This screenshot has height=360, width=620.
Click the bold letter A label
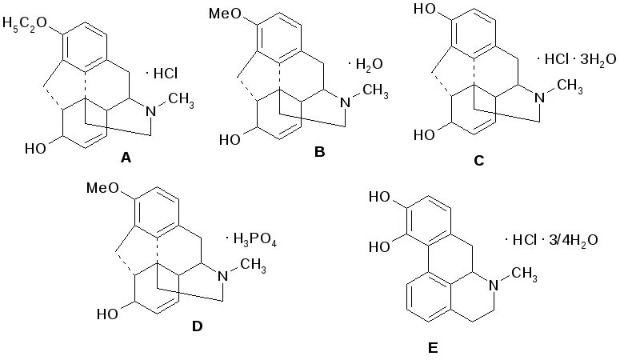(x=126, y=158)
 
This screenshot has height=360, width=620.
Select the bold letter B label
(x=319, y=151)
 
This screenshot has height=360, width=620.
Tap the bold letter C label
(x=479, y=160)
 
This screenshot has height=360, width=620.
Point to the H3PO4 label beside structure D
(x=254, y=238)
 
